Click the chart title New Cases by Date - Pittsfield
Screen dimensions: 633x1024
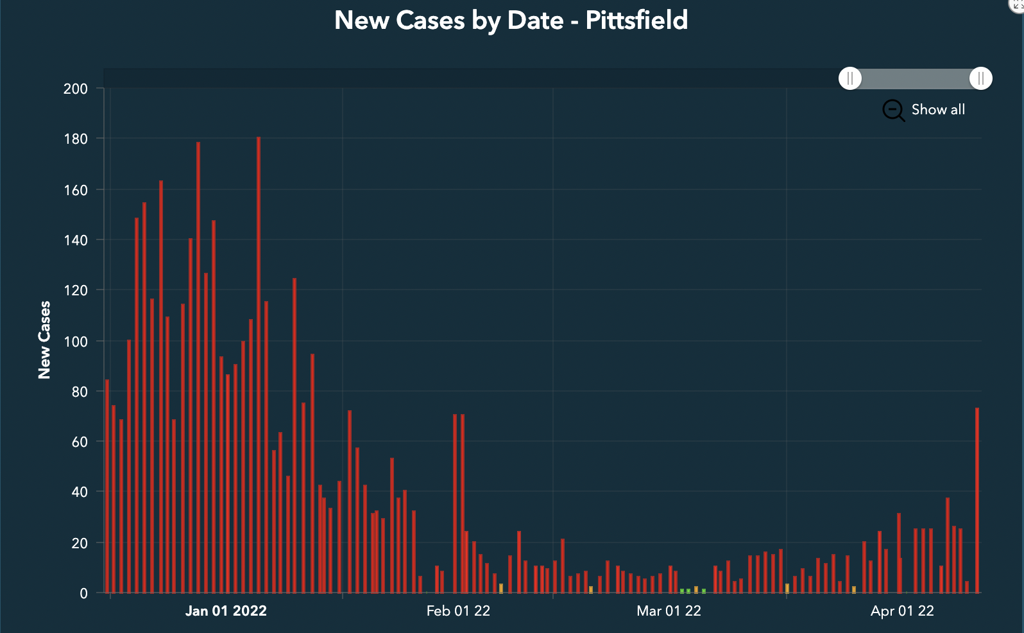pyautogui.click(x=511, y=21)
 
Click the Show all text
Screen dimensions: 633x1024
pyautogui.click(x=937, y=110)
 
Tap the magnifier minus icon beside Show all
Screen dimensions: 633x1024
pyautogui.click(x=892, y=110)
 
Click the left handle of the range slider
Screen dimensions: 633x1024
pyautogui.click(x=850, y=78)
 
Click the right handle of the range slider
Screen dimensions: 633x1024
pyautogui.click(x=980, y=78)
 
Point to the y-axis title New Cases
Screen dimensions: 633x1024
pyautogui.click(x=44, y=340)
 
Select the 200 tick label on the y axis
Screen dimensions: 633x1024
pyautogui.click(x=75, y=89)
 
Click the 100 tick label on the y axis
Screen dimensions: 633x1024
pyautogui.click(x=75, y=342)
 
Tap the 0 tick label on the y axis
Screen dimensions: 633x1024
pyautogui.click(x=83, y=594)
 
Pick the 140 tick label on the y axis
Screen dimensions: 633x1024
pyautogui.click(x=75, y=241)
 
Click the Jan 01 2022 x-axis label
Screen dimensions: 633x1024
pyautogui.click(x=226, y=611)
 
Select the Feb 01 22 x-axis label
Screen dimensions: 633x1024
pyautogui.click(x=458, y=611)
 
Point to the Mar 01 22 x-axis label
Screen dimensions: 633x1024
pyautogui.click(x=669, y=611)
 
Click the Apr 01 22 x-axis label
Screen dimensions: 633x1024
pyautogui.click(x=902, y=611)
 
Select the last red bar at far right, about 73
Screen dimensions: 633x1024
pyautogui.click(x=977, y=501)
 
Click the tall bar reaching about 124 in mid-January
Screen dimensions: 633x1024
pyautogui.click(x=294, y=437)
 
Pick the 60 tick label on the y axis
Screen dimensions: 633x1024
pyautogui.click(x=79, y=442)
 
